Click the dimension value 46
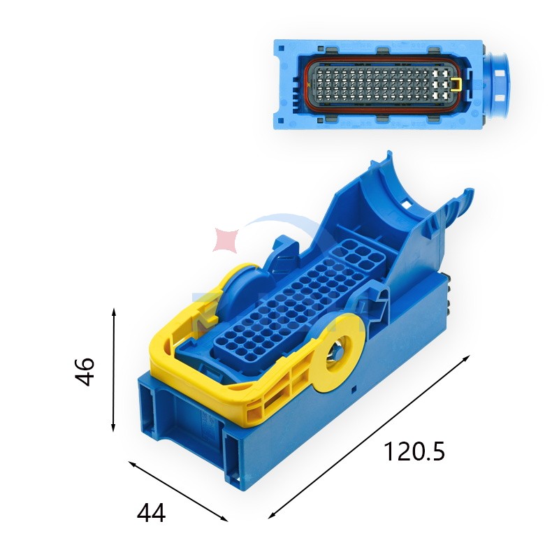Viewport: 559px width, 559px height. coord(85,372)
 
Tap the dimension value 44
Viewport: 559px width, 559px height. coord(151,513)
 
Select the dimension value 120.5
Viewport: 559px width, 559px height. coord(414,451)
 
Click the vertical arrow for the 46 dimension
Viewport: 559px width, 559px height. coord(114,370)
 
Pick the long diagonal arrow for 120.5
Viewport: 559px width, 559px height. coord(369,436)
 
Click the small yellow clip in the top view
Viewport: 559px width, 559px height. coord(456,83)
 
